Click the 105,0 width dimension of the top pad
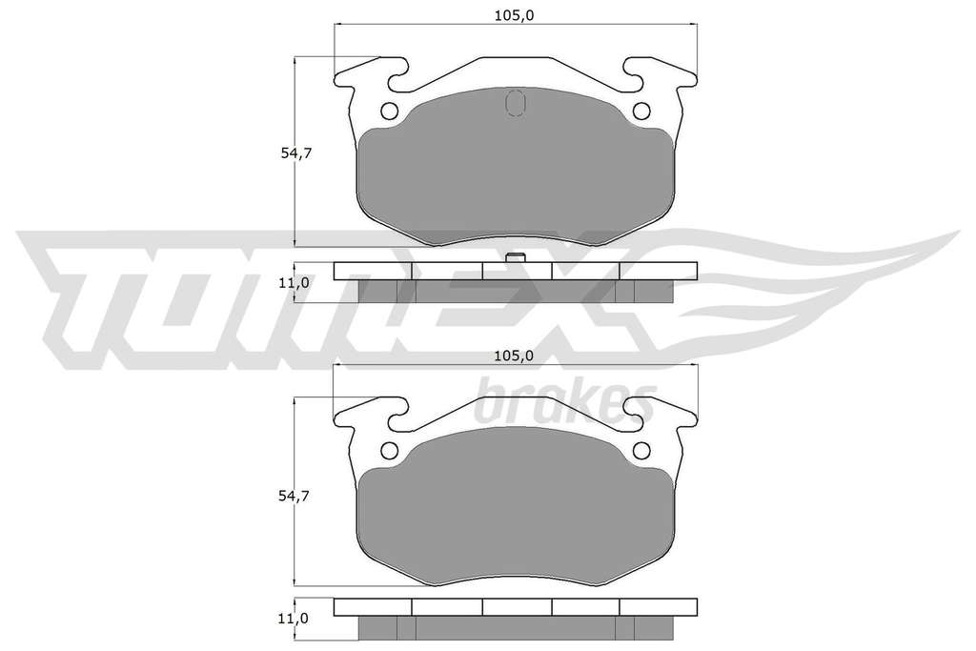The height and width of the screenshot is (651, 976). point(514,15)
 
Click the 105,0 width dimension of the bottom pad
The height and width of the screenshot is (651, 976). point(514,356)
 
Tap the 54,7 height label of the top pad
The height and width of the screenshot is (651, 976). point(295,153)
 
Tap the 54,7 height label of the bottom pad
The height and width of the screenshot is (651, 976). point(295,496)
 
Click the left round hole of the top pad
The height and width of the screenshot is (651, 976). point(389,111)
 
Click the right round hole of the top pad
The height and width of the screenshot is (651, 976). point(641,111)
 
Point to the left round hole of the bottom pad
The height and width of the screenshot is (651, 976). point(389,450)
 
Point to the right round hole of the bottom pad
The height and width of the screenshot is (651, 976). point(641,450)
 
